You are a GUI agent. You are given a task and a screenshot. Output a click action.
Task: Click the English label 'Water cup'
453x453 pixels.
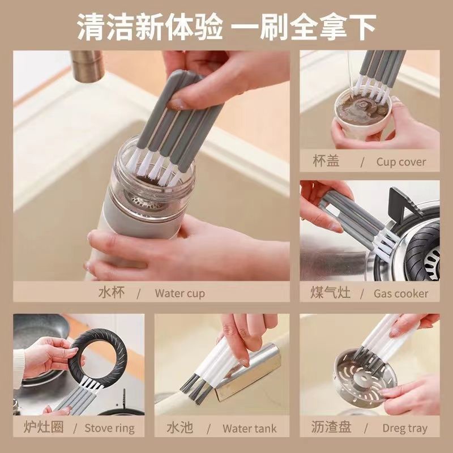[180, 293]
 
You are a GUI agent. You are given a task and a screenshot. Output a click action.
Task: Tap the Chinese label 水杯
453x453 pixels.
[112, 293]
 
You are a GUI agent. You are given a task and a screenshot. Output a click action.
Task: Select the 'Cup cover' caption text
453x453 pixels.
[401, 162]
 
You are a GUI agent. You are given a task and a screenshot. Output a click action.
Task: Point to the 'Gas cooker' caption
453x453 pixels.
[401, 293]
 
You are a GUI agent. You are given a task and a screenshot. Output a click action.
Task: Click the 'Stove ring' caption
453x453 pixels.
[110, 428]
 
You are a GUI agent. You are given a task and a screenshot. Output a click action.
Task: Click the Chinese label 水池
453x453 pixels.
[181, 428]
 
